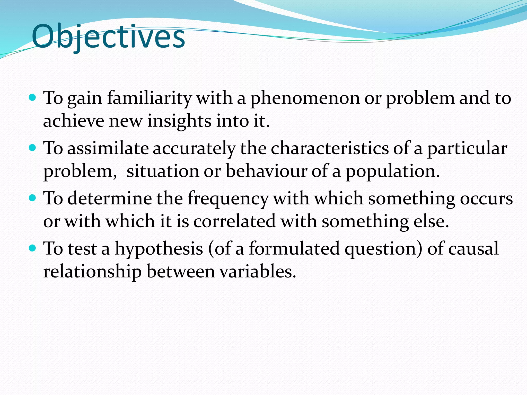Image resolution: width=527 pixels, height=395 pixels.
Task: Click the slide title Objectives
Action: [x=108, y=37]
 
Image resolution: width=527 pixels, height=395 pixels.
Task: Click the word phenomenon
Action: [x=305, y=98]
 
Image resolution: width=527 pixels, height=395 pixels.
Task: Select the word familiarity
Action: [x=149, y=98]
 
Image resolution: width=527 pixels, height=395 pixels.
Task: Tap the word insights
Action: [x=179, y=121]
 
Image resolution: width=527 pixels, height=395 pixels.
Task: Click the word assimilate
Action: [x=108, y=149]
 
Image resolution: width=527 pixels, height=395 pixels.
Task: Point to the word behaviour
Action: [x=266, y=171]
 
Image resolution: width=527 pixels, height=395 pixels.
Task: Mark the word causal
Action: [x=473, y=249]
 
